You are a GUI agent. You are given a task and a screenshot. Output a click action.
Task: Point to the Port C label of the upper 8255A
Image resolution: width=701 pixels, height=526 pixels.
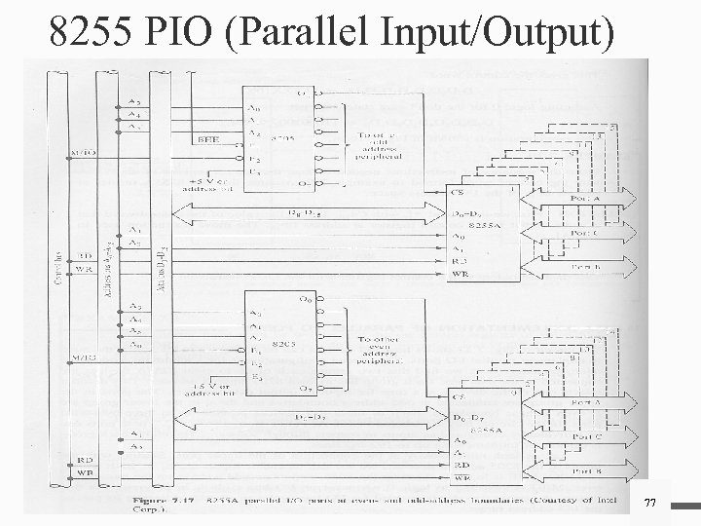tap(585, 233)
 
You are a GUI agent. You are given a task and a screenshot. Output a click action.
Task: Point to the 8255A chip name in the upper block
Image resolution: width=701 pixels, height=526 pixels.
tap(484, 223)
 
